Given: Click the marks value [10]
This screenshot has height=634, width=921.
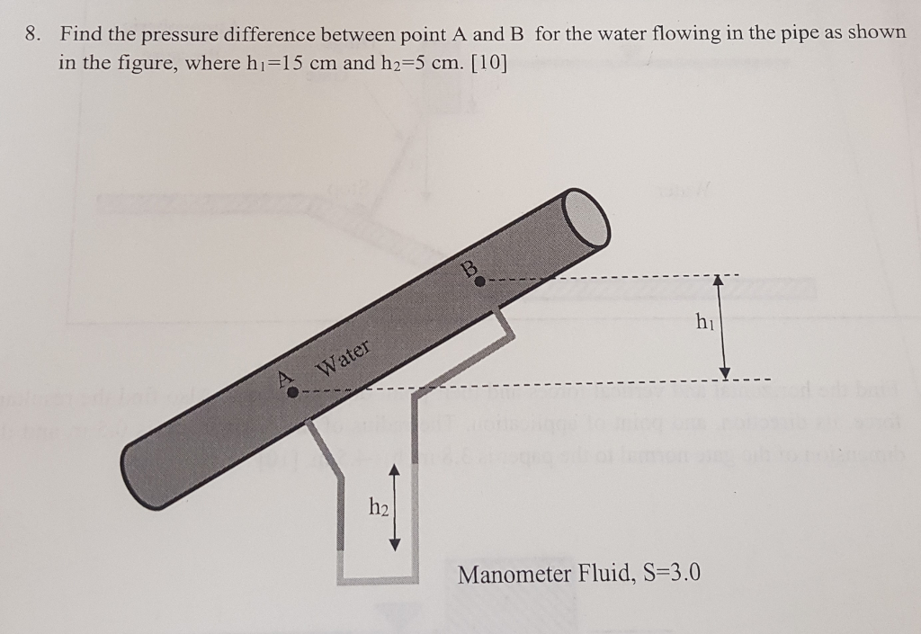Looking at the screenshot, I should pos(485,64).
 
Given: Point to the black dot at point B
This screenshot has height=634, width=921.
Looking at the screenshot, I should pos(480,281).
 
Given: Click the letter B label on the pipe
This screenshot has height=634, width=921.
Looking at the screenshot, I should pos(469,266).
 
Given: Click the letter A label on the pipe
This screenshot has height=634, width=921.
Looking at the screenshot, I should pos(286,378).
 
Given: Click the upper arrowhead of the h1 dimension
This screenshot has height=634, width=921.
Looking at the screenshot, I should pos(718,281).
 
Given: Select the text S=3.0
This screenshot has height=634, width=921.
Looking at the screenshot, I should pos(666,574).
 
